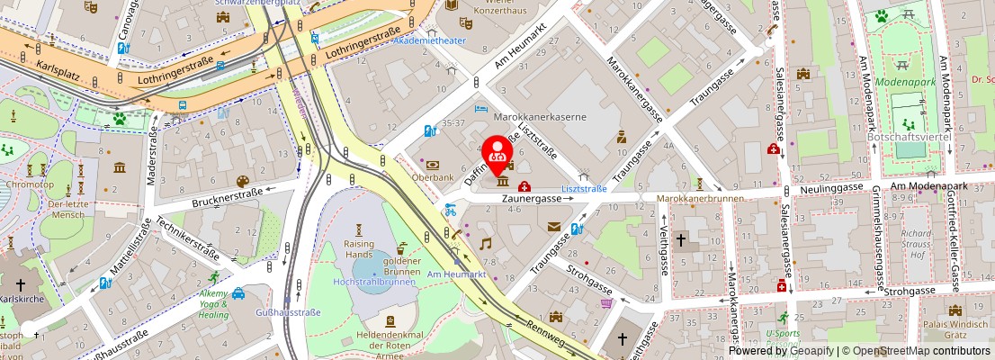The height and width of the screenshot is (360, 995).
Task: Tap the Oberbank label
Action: (432, 177)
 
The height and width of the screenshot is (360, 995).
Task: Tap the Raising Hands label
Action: (358, 249)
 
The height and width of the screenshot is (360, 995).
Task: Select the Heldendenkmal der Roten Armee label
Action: (390, 341)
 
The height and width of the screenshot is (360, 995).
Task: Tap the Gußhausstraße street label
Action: (290, 312)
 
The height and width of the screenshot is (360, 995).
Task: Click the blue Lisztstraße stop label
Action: (584, 189)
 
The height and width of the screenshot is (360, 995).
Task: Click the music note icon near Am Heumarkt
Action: (486, 243)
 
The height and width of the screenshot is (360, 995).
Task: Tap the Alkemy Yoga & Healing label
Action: (214, 304)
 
